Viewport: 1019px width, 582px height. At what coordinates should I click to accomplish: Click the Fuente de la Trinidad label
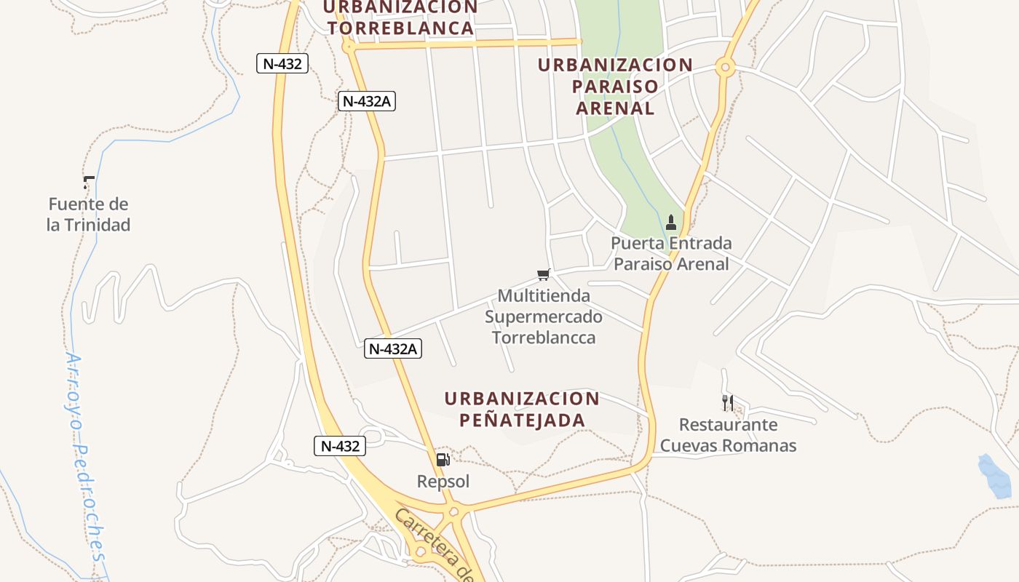point(88,215)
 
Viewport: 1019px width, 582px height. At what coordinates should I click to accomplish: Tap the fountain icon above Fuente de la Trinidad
point(89,182)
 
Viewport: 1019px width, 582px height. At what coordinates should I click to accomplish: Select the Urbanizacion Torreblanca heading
point(400,18)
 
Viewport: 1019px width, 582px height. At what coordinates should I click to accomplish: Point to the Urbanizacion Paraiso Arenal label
point(615,87)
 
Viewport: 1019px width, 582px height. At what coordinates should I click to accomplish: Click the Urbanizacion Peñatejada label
point(522,410)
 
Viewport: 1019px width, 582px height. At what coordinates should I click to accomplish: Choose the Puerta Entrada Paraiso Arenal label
point(671,253)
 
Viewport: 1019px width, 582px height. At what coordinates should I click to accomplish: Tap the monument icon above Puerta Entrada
point(671,222)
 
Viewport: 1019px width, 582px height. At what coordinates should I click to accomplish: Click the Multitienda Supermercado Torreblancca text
point(544,316)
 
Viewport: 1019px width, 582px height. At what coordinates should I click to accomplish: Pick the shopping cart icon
point(544,274)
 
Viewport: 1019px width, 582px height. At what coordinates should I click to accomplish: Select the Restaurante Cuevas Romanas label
point(728,435)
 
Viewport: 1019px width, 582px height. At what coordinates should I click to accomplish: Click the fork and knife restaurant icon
point(728,402)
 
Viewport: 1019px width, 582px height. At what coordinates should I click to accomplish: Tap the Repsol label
point(443,482)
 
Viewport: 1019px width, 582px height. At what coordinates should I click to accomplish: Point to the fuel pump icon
point(443,459)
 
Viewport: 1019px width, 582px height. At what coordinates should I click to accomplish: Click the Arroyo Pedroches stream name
point(86,457)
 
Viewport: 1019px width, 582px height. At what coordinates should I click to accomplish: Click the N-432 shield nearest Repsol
point(340,446)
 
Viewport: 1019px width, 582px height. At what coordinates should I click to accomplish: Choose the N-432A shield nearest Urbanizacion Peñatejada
point(393,349)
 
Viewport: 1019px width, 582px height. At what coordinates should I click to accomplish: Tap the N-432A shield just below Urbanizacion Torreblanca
point(367,101)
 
